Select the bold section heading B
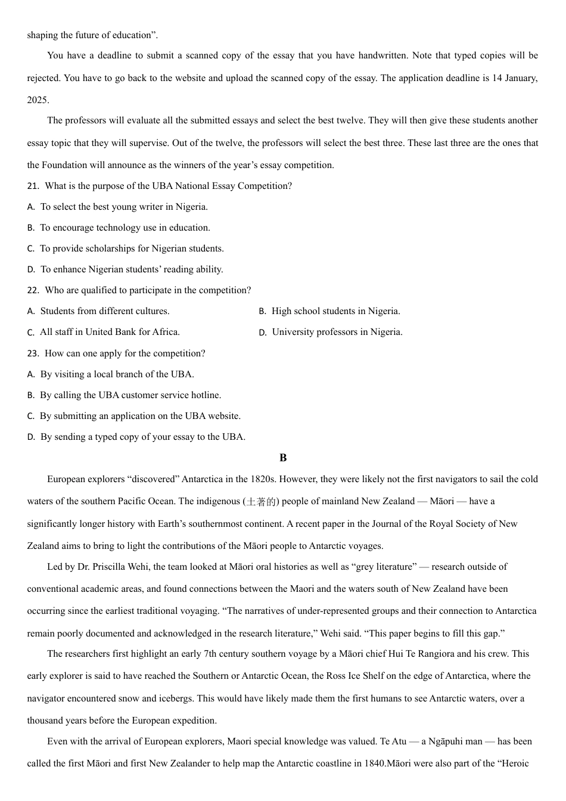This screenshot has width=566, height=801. coord(283,458)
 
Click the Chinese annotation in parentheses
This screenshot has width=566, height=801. coord(261,501)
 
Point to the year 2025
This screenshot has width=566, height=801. coord(38,100)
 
